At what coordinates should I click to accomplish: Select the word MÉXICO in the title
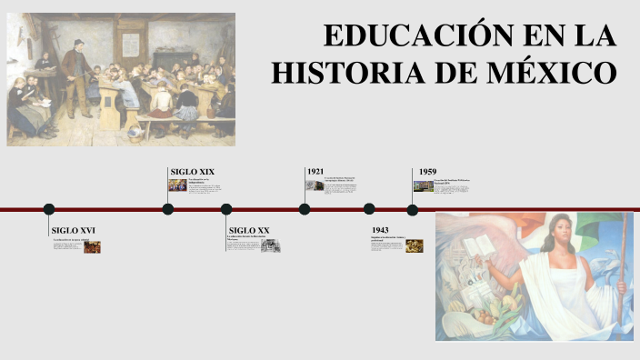point(552,71)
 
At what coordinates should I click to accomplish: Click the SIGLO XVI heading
point(73,231)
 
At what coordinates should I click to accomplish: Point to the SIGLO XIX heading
point(192,172)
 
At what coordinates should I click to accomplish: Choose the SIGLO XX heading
point(249,231)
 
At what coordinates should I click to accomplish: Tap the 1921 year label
point(315,172)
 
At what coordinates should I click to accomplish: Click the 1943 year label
point(380,231)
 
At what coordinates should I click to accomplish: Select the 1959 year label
point(427,172)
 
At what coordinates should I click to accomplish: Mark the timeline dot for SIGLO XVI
point(49,209)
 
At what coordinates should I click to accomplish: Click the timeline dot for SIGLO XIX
point(168,209)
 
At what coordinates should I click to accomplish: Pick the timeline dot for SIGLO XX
point(226,209)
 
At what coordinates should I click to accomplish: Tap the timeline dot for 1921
point(305,209)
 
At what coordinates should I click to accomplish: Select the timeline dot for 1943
point(369,209)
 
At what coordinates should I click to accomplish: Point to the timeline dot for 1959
point(413,209)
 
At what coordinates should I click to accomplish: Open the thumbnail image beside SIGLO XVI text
point(92,246)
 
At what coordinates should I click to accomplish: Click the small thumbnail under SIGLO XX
point(269,245)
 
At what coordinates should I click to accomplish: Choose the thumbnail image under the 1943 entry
point(415,245)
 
